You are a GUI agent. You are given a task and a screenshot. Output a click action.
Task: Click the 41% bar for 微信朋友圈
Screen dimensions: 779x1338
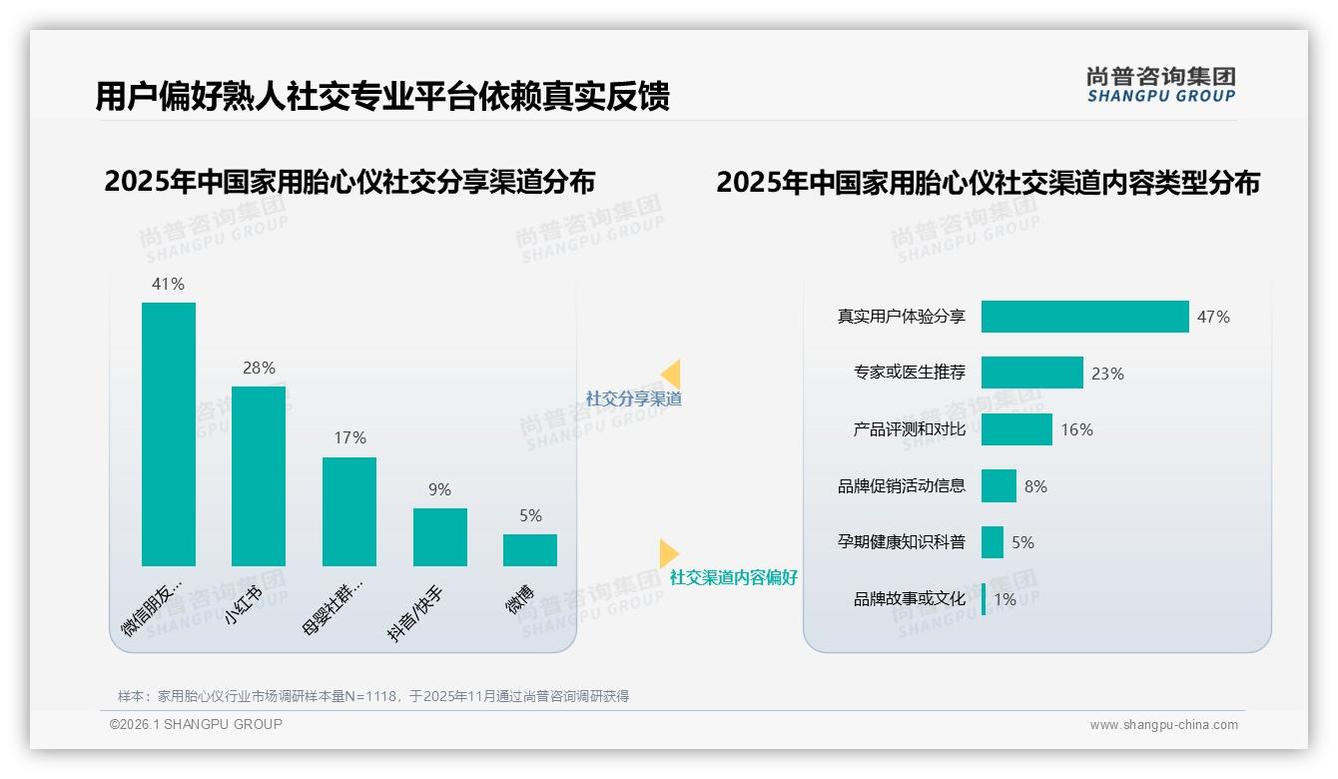(169, 434)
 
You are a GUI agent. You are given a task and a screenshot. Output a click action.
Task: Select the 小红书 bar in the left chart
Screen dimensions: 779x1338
(259, 476)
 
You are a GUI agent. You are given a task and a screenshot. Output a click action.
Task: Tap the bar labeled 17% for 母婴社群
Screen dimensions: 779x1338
(349, 511)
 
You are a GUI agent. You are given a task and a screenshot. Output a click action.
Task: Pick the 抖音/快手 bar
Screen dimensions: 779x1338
(440, 537)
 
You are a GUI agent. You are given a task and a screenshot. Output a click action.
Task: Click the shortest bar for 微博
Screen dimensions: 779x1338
(530, 550)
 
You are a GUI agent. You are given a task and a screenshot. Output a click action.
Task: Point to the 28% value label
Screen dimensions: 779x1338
(259, 368)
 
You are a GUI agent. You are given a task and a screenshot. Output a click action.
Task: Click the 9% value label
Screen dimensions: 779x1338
(440, 489)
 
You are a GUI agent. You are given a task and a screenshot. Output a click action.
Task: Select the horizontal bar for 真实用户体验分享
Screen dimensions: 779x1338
(1084, 317)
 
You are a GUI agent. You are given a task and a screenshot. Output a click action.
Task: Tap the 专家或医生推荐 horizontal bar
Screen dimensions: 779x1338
(1031, 373)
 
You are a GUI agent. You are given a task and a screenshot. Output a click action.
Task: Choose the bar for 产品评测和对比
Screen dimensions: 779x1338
(1016, 429)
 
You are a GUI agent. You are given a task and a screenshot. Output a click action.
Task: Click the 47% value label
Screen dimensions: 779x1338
(1213, 317)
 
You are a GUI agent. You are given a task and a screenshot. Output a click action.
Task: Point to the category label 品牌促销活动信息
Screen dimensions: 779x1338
(902, 486)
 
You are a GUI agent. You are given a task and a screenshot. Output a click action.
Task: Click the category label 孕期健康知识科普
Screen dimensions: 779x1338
(902, 542)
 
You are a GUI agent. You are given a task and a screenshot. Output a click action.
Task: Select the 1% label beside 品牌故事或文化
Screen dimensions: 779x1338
(1004, 599)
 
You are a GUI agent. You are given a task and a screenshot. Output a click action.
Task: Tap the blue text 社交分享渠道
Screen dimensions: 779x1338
(633, 398)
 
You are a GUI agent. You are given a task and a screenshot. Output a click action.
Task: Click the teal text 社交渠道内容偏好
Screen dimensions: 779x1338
(733, 577)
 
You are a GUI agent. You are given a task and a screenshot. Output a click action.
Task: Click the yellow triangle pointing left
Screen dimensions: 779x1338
(671, 375)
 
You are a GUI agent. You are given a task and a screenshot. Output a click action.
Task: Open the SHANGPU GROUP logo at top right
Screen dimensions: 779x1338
(1160, 85)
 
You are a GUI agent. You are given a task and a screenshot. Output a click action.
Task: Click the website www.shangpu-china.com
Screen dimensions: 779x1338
(1163, 725)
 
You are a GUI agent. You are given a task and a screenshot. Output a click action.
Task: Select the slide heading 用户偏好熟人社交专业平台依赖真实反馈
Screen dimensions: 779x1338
(381, 96)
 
